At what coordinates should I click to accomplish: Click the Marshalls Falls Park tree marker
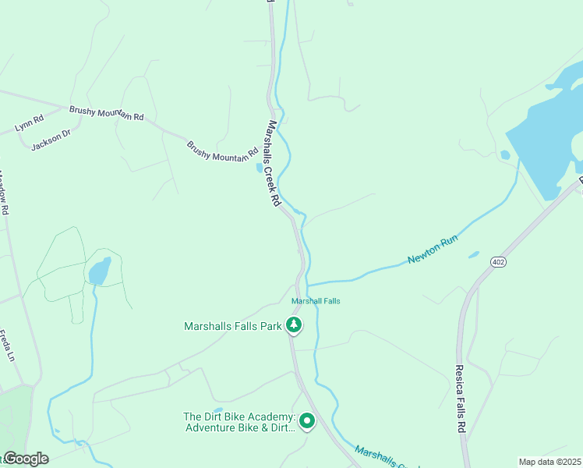click(x=294, y=325)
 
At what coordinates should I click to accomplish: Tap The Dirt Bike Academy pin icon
click(x=307, y=421)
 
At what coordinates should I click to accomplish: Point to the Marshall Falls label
click(x=316, y=301)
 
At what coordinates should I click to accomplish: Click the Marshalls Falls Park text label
click(x=232, y=326)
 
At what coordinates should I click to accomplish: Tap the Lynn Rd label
click(x=28, y=122)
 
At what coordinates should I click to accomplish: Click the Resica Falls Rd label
click(x=460, y=397)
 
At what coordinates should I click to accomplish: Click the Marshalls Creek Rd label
click(x=273, y=162)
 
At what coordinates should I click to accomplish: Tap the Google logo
click(x=25, y=459)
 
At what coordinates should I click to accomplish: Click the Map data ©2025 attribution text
click(x=549, y=462)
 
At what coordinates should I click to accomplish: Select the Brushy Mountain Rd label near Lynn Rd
click(x=107, y=113)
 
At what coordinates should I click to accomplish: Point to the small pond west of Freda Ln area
click(x=99, y=271)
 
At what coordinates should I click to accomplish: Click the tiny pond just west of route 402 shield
click(x=474, y=254)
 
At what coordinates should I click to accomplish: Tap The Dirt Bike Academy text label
click(x=238, y=423)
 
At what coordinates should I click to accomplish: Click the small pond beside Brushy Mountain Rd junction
click(x=260, y=167)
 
